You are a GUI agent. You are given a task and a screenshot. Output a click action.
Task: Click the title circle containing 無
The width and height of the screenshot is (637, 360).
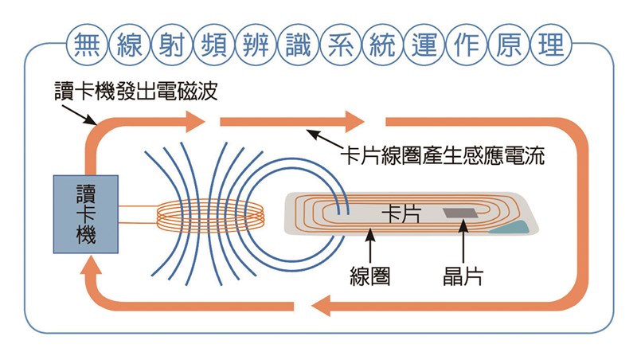click(88, 45)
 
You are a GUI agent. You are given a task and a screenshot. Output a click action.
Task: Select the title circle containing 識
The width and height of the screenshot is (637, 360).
click(298, 45)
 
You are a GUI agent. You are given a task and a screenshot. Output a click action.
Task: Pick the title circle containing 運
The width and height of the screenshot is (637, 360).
click(424, 45)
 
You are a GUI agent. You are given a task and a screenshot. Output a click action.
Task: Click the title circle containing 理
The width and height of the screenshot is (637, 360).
click(551, 45)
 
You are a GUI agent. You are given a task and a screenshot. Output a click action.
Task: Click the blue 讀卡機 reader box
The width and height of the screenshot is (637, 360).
click(86, 214)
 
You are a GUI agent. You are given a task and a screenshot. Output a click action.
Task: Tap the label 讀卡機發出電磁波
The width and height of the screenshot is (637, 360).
click(136, 91)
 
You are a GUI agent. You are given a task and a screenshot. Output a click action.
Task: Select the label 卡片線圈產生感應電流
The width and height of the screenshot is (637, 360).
click(443, 155)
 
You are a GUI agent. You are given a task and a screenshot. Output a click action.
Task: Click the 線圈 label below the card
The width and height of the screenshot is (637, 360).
click(370, 276)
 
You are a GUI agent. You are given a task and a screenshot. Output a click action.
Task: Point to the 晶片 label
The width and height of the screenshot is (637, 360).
click(463, 276)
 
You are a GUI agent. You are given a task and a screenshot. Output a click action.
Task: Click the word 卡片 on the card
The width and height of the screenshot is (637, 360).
click(401, 213)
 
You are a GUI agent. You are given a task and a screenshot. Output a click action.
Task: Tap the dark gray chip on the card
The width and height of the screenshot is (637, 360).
click(460, 213)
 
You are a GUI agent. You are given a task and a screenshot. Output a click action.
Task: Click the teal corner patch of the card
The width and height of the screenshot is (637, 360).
click(512, 229)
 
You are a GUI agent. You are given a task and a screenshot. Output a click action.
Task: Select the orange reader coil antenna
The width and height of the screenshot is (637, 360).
click(210, 214)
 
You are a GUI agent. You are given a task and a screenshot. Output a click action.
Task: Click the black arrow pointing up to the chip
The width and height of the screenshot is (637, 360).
click(463, 241)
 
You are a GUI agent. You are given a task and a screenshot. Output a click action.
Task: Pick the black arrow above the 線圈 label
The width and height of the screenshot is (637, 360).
click(370, 245)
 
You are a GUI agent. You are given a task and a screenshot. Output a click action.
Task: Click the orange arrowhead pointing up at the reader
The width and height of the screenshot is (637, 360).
click(91, 266)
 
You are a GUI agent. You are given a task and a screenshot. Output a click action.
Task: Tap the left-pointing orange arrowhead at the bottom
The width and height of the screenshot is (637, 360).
click(321, 306)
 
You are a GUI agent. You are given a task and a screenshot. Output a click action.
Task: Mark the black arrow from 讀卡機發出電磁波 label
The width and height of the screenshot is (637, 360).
click(79, 115)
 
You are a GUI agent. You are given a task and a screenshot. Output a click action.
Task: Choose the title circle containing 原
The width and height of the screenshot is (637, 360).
click(509, 45)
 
